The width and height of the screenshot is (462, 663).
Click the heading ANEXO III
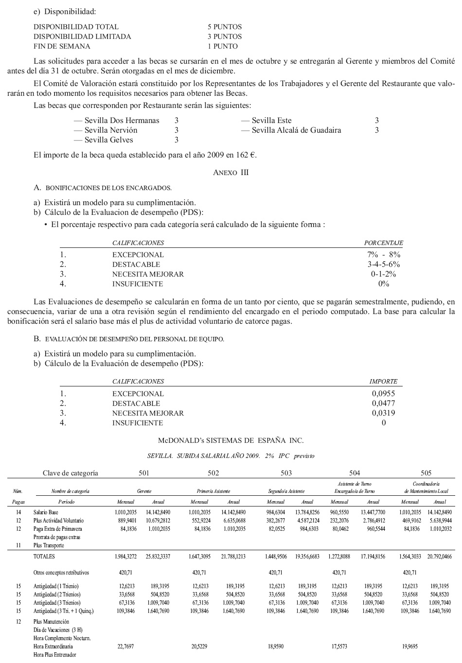click(231, 173)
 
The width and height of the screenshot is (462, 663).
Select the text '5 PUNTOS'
click(224, 27)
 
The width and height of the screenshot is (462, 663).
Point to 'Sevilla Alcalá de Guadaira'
click(296, 130)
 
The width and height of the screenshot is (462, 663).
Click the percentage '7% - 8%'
click(384, 255)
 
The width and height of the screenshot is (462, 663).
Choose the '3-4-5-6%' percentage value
click(384, 264)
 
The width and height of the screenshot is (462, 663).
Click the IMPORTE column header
click(383, 382)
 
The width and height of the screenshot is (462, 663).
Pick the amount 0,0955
click(383, 394)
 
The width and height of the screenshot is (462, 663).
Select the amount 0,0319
click(383, 413)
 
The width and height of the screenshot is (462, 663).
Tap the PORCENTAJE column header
click(384, 243)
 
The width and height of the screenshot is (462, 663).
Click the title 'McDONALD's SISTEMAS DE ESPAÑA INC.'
click(231, 440)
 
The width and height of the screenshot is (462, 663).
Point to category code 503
click(286, 473)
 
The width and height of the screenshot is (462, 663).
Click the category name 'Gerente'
click(144, 491)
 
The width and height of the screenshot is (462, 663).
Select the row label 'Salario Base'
click(46, 512)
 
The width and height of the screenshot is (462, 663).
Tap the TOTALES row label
click(44, 557)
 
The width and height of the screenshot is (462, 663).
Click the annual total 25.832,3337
click(158, 557)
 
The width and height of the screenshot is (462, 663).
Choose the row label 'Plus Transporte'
click(49, 545)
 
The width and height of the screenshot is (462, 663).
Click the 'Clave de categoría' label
click(71, 473)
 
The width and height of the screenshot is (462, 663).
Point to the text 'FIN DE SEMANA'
click(62, 46)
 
